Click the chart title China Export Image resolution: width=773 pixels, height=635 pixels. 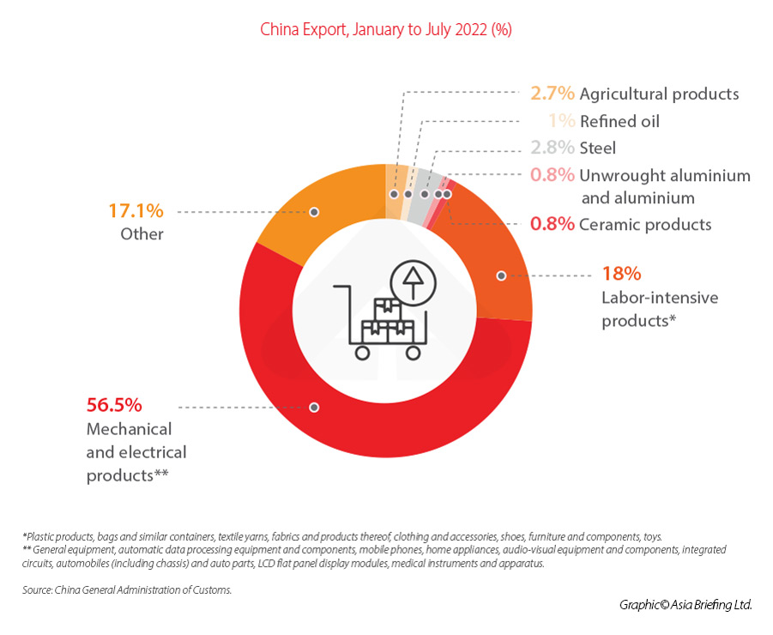pos(386,29)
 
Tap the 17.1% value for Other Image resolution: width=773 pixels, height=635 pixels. pos(136,210)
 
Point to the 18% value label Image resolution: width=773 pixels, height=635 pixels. pos(621,275)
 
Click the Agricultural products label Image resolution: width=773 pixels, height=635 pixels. pos(659,94)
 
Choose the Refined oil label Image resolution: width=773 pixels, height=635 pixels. pos(619,121)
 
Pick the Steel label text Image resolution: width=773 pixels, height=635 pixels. pos(598,148)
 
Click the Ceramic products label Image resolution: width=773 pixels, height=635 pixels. pos(645,225)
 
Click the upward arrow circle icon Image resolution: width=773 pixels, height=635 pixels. pos(413,281)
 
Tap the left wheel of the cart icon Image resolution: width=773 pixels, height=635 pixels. pos(362,352)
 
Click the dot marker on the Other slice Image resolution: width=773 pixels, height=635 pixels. pos(314,210)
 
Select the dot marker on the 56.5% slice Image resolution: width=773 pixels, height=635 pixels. pos(314,406)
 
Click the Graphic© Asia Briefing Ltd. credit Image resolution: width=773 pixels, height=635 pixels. pos(685,605)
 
